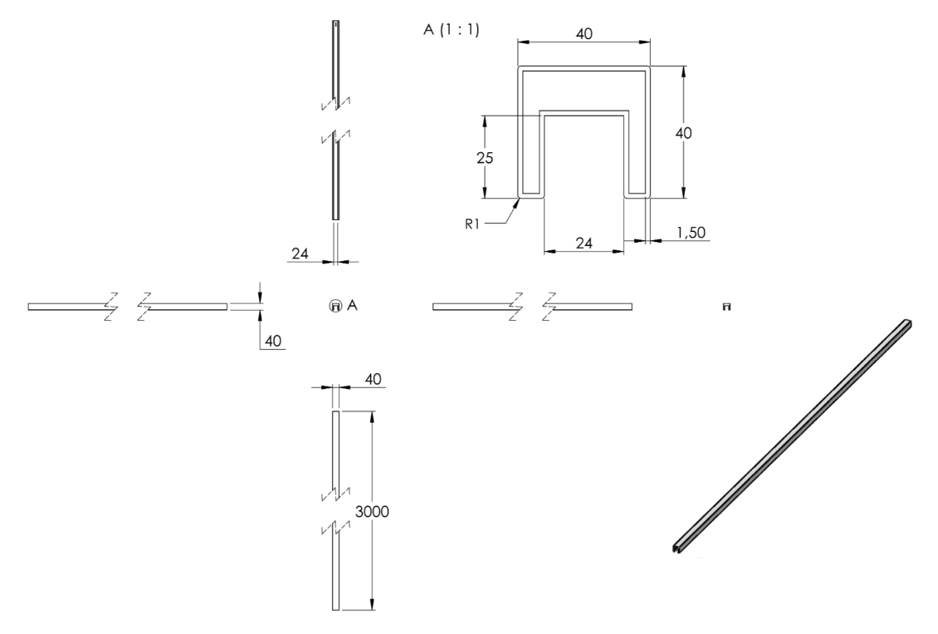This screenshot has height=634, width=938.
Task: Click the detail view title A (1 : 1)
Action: [x=452, y=29]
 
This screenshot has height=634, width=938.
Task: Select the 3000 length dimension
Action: [x=372, y=512]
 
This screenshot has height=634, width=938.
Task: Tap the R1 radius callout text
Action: [x=472, y=224]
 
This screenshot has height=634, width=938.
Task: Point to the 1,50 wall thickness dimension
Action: [x=691, y=233]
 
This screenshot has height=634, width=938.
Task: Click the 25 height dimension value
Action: [x=485, y=158]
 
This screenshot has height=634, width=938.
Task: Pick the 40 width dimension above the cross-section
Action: [x=584, y=33]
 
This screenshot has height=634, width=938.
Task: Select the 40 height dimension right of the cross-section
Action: [x=683, y=133]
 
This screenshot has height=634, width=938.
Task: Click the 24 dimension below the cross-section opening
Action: [x=584, y=243]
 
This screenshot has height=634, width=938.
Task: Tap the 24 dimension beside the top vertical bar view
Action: [x=300, y=253]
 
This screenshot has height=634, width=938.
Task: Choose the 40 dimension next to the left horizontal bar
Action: [x=273, y=342]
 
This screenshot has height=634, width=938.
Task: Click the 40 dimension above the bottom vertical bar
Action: [x=373, y=380]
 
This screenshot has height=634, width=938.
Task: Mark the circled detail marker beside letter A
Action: [x=335, y=306]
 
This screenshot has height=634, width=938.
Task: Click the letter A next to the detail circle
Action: [x=352, y=305]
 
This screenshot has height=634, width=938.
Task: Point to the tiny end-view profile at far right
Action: [x=727, y=307]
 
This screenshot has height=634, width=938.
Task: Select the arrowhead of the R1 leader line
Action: [x=516, y=204]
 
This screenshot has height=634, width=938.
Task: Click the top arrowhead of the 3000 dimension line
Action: [x=372, y=416]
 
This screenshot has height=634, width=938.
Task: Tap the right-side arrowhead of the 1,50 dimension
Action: [x=657, y=241]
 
